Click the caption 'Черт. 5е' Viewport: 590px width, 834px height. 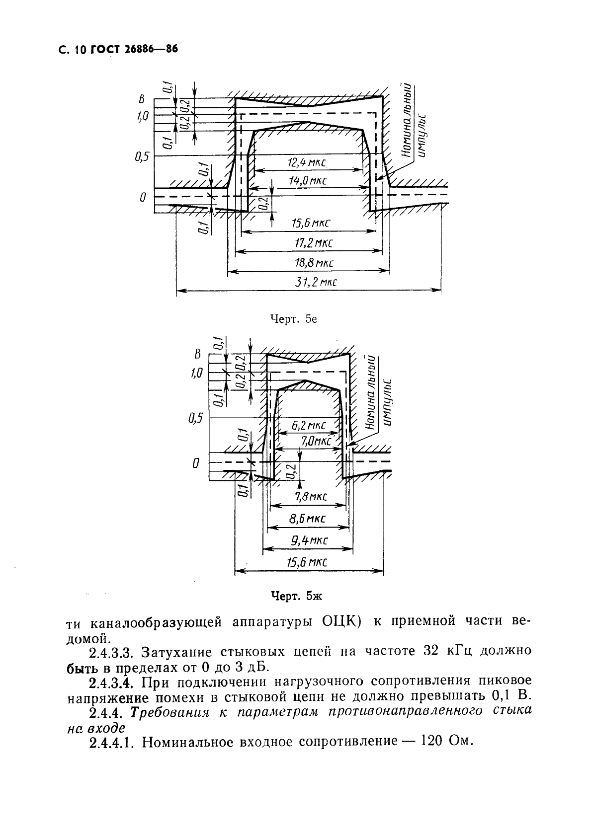point(293,319)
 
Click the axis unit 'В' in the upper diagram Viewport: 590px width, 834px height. point(141,99)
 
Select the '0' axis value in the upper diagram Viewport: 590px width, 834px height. point(143,197)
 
